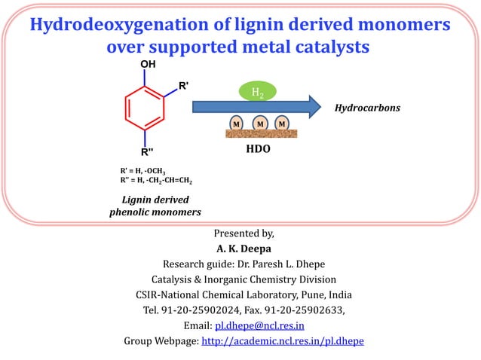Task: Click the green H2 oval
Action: [x=257, y=92]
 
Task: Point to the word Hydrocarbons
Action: [x=367, y=108]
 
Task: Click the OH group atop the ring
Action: [x=148, y=65]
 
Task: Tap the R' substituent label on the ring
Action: [x=183, y=86]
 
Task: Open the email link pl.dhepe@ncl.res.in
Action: [x=259, y=325]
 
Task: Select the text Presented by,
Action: [x=240, y=232]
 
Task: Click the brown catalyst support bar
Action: [x=260, y=134]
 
